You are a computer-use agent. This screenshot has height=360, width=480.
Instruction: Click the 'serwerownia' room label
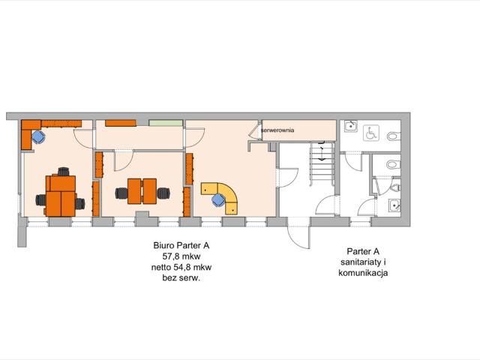[x=282, y=130]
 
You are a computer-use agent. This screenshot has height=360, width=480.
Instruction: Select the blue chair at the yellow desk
[x=217, y=199]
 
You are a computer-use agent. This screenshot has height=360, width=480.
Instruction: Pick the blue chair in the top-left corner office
[x=38, y=137]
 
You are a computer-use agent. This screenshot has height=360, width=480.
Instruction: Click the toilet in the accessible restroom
[x=396, y=136]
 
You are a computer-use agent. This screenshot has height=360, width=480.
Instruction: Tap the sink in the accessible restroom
[x=349, y=127]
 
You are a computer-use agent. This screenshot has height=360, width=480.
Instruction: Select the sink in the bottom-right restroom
[x=393, y=205]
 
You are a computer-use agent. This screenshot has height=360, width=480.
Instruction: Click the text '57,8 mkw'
[x=181, y=256]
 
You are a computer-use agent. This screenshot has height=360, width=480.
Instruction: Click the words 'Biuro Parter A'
[x=181, y=245]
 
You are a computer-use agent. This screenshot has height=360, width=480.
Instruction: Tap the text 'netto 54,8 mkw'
[x=181, y=266]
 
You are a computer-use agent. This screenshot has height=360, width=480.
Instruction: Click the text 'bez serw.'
[x=181, y=277]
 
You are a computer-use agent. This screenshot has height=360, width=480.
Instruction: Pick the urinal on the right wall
[x=399, y=184]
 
